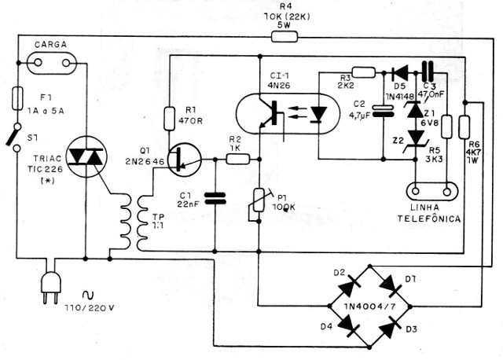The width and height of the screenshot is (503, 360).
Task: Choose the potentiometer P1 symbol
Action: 258,208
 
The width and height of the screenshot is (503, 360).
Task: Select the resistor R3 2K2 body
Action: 364,72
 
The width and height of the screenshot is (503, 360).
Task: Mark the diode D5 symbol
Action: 396,72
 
